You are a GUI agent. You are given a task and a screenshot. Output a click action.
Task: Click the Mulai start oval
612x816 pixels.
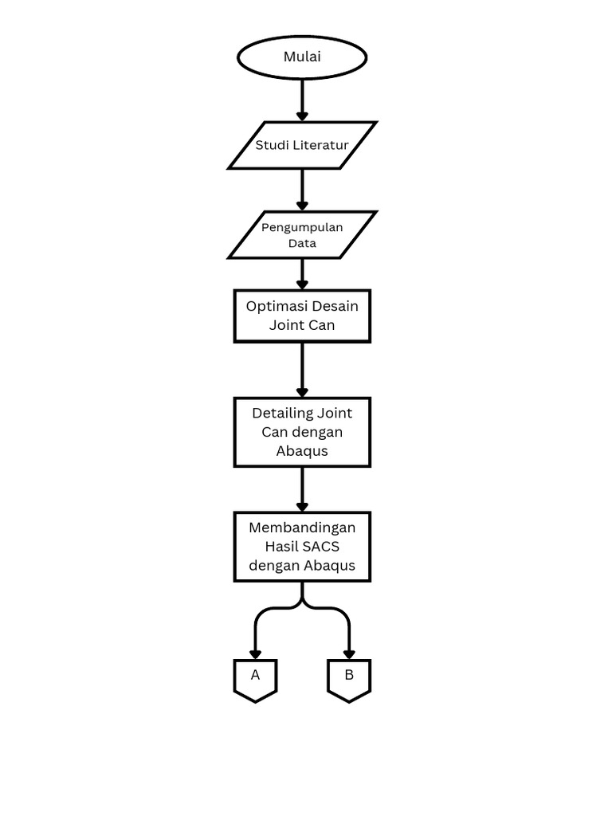tap(302, 57)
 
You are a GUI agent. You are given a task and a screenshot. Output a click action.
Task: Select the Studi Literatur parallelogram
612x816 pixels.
tap(302, 145)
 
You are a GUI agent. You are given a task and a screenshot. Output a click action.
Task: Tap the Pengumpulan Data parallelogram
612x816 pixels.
tap(302, 235)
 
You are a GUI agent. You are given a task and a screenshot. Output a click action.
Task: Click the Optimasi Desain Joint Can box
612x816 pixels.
tap(302, 316)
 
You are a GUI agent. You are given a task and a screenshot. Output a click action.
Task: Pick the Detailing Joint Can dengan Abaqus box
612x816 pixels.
tap(302, 432)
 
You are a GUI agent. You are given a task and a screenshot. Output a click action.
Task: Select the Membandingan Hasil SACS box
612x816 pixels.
tap(302, 547)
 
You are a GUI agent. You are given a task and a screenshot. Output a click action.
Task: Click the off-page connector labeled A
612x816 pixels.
tap(255, 678)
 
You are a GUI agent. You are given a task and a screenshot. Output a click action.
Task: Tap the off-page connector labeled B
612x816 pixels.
tap(349, 678)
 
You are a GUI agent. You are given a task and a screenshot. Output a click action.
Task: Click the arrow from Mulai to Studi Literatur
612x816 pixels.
tap(302, 100)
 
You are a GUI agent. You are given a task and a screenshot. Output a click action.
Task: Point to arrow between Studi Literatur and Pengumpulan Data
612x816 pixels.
tap(302, 190)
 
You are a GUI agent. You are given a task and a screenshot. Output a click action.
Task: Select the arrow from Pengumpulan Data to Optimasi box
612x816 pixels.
tap(302, 274)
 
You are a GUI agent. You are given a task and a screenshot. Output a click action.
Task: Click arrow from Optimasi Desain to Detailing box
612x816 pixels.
tap(302, 370)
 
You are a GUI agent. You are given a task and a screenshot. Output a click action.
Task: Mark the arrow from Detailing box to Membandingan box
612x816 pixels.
tap(302, 488)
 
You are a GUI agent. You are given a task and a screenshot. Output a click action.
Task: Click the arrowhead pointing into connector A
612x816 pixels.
tap(255, 653)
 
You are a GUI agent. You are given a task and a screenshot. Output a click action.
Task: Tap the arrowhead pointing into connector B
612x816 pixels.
tap(349, 653)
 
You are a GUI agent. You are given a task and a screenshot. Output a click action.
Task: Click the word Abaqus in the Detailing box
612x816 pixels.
tap(302, 451)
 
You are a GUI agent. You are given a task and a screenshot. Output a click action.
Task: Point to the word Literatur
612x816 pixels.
tap(320, 145)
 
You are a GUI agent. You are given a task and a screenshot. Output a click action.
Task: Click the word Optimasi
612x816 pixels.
tap(276, 306)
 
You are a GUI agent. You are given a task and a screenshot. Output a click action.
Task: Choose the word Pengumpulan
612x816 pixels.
tap(302, 227)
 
